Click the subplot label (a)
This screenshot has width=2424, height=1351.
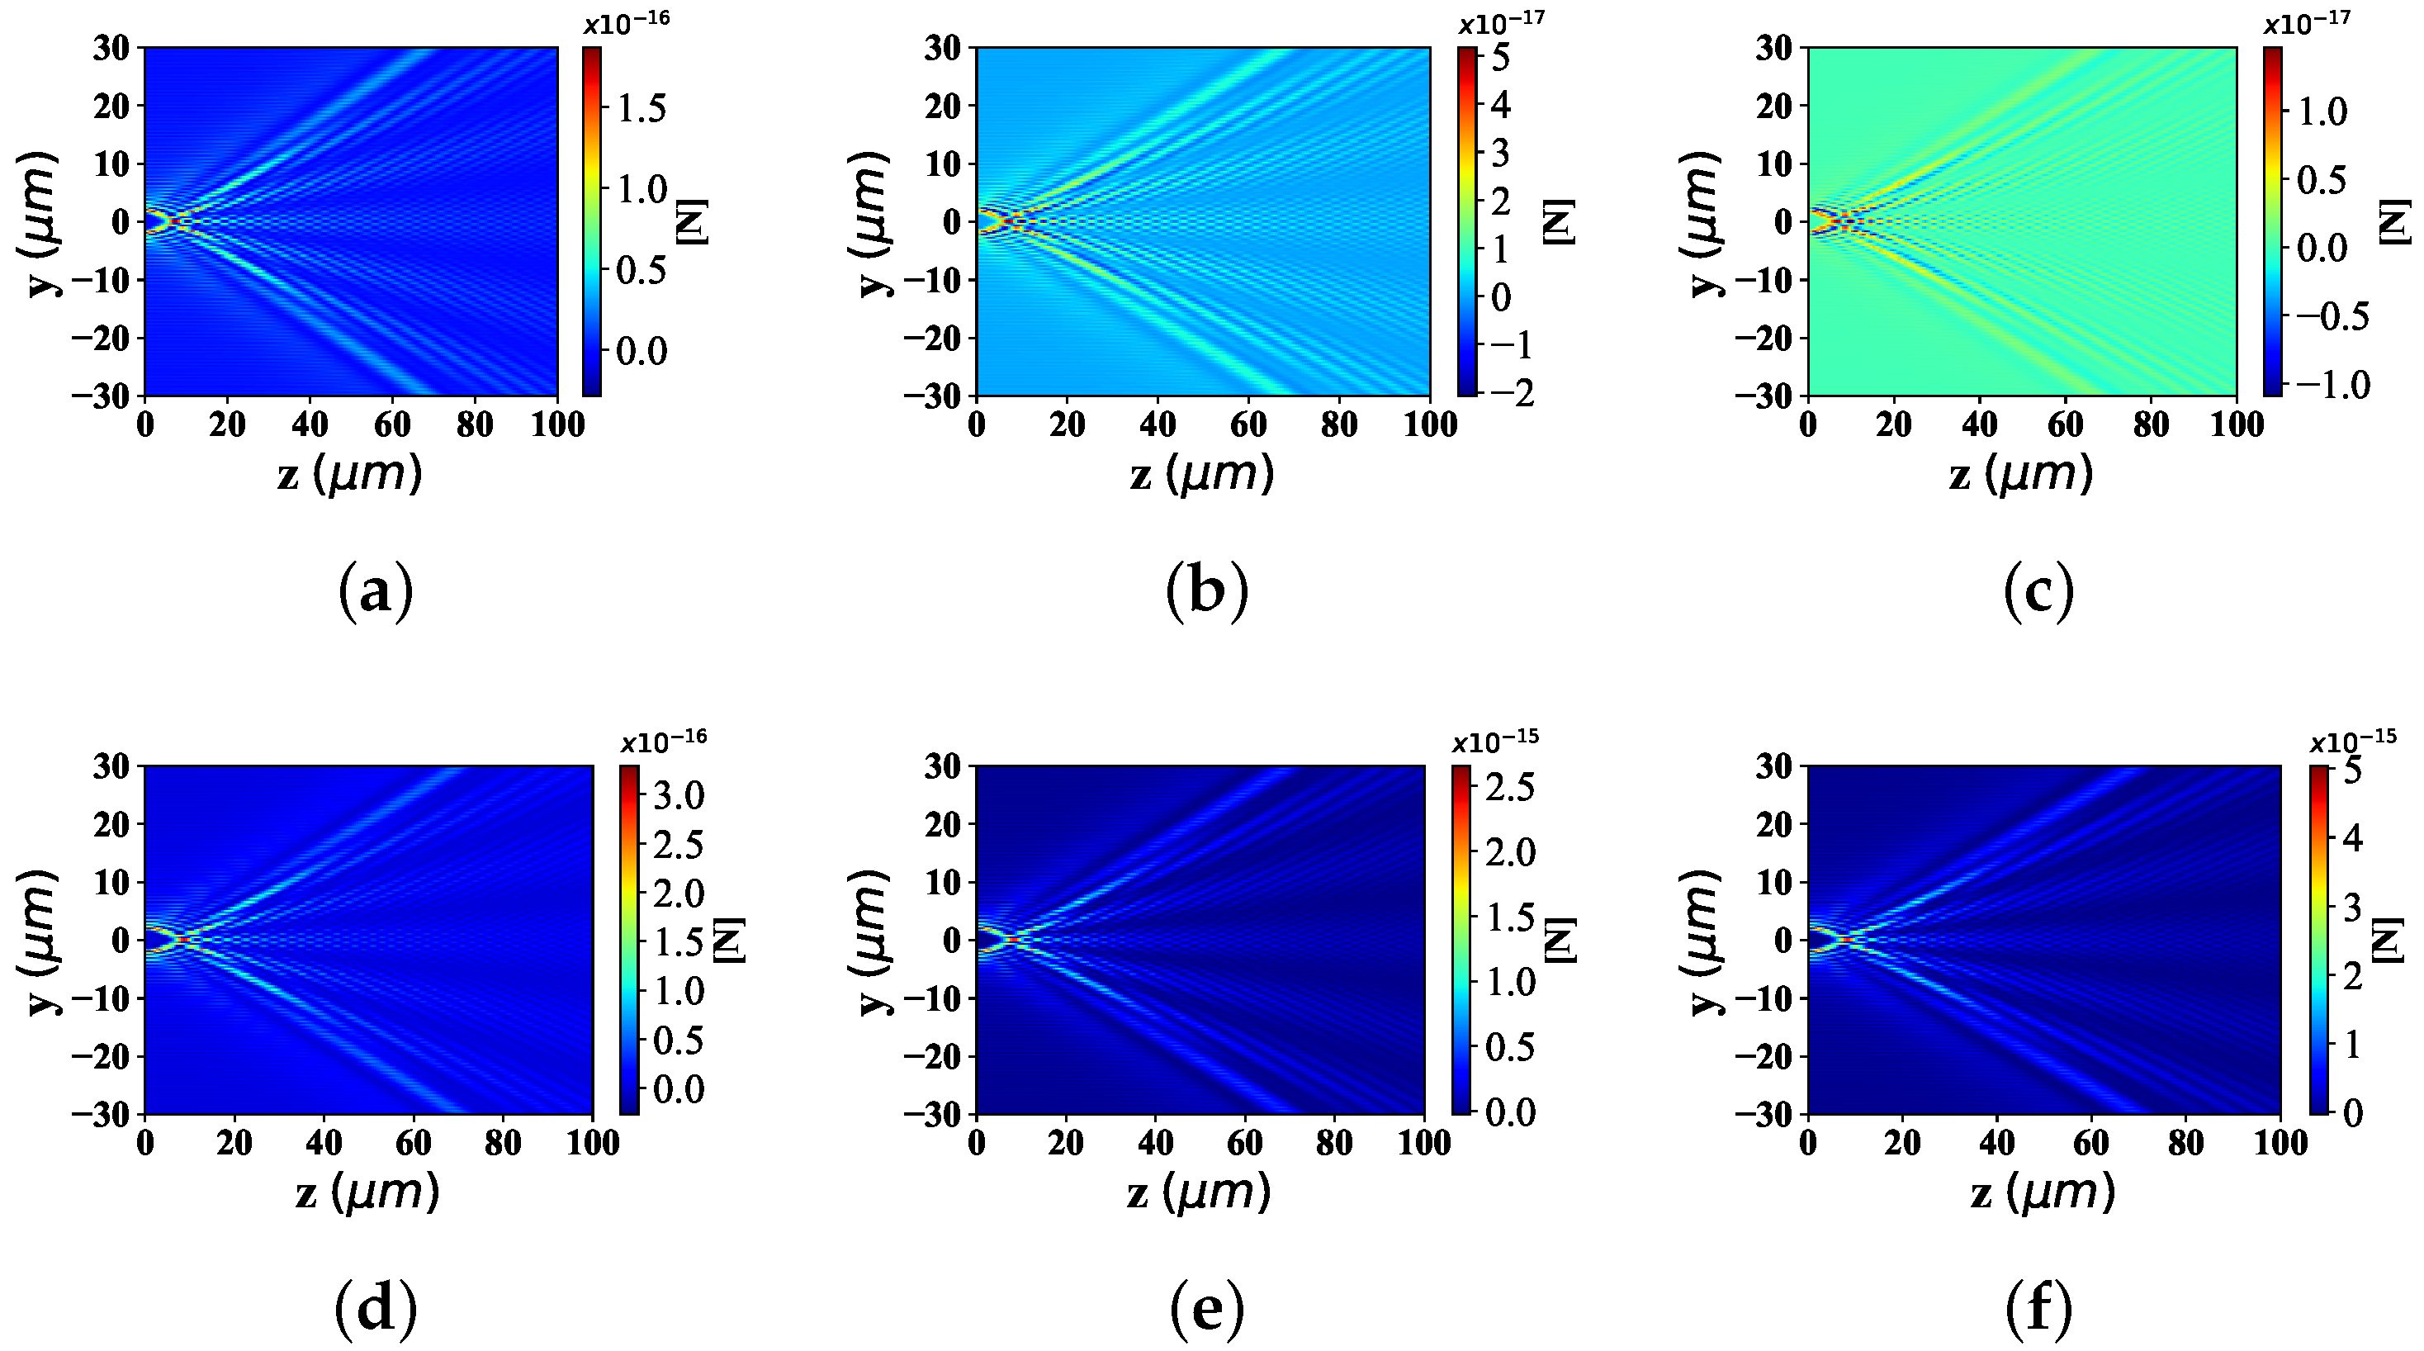tap(376, 590)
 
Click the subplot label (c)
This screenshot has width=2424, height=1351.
tap(2038, 590)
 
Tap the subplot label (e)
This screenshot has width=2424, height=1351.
tap(1206, 1310)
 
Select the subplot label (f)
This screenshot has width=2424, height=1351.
tap(2038, 1310)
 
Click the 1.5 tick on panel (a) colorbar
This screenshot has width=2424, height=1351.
tap(641, 108)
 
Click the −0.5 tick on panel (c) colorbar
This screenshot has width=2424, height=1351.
tap(2332, 316)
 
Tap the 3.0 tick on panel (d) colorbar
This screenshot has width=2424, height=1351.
tap(679, 796)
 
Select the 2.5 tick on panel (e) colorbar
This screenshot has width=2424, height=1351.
tap(1509, 787)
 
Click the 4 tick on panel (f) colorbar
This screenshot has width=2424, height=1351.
tap(2352, 837)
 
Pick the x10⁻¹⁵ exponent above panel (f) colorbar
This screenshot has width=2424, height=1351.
tap(2352, 741)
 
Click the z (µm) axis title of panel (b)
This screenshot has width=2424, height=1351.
tap(1201, 473)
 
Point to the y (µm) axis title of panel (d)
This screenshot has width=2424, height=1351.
tap(38, 941)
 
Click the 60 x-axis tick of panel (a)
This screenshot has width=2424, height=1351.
tap(392, 425)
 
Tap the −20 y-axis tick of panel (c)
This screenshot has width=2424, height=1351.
tap(1764, 338)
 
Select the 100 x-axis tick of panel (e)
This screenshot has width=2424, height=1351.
tap(1423, 1144)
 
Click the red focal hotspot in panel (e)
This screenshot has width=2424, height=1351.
tap(1012, 940)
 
